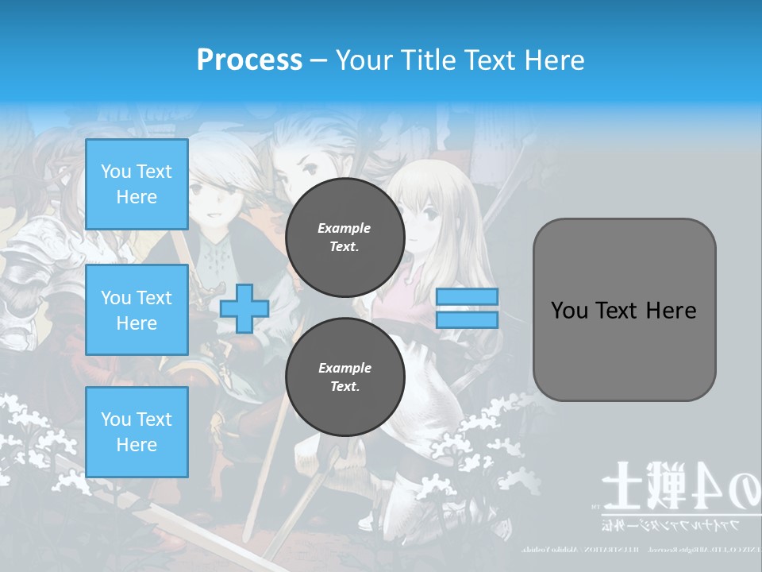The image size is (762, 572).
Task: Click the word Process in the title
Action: [x=249, y=60]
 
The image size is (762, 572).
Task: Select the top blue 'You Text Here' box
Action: [x=137, y=184]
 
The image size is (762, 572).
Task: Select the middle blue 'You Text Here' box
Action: [x=137, y=310]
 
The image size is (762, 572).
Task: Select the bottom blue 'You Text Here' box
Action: [x=137, y=431]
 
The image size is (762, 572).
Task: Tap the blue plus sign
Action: [x=244, y=308]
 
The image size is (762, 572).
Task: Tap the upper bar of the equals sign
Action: [x=467, y=297]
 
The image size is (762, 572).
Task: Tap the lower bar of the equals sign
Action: [x=467, y=319]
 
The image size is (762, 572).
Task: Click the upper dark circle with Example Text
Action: [x=344, y=238]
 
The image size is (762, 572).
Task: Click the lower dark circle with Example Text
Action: [x=344, y=377]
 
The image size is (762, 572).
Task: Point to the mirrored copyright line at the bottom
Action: [x=635, y=549]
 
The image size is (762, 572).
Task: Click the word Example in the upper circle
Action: [x=344, y=229]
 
